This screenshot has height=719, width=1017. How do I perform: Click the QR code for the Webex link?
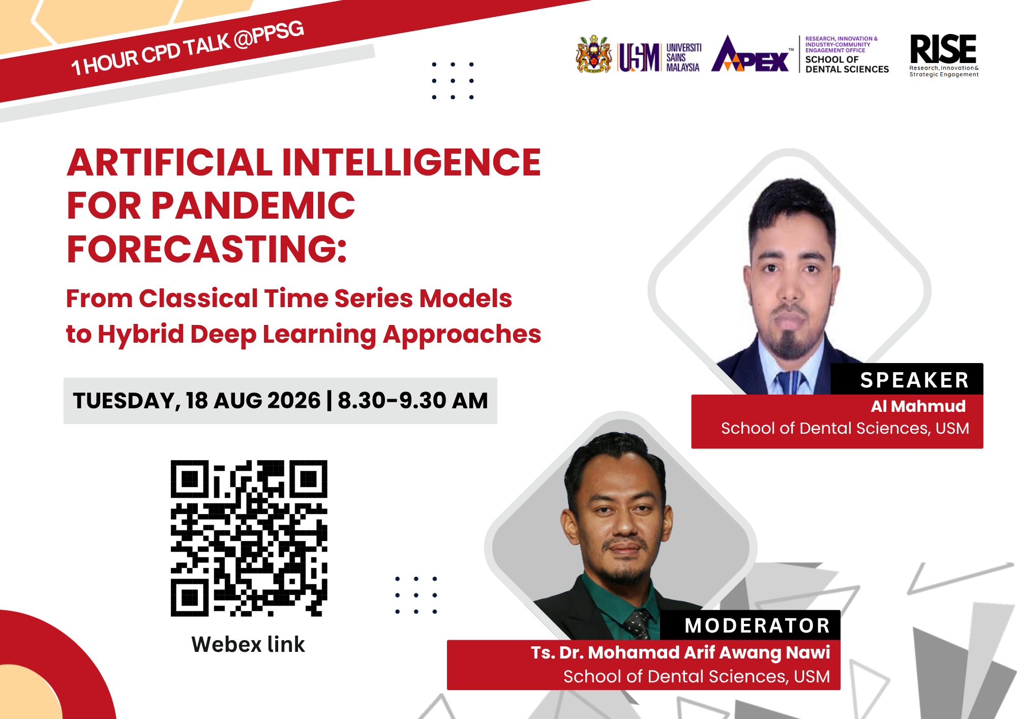249,538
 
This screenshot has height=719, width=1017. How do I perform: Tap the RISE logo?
944,55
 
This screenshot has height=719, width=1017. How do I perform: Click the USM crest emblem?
593,54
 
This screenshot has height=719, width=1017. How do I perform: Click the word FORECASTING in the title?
206,249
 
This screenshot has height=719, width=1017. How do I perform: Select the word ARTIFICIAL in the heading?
170,162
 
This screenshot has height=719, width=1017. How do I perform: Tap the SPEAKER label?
914,380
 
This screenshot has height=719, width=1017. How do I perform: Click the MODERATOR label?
757,625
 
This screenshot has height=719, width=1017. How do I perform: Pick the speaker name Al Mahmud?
918,406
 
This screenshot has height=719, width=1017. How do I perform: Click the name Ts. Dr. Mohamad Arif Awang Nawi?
680,652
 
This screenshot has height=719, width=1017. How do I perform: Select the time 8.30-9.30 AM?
413,401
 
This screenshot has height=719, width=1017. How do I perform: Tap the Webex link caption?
248,644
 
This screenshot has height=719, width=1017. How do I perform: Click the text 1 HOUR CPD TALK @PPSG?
188,48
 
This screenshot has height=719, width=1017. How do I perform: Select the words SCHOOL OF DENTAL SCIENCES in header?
847,64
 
